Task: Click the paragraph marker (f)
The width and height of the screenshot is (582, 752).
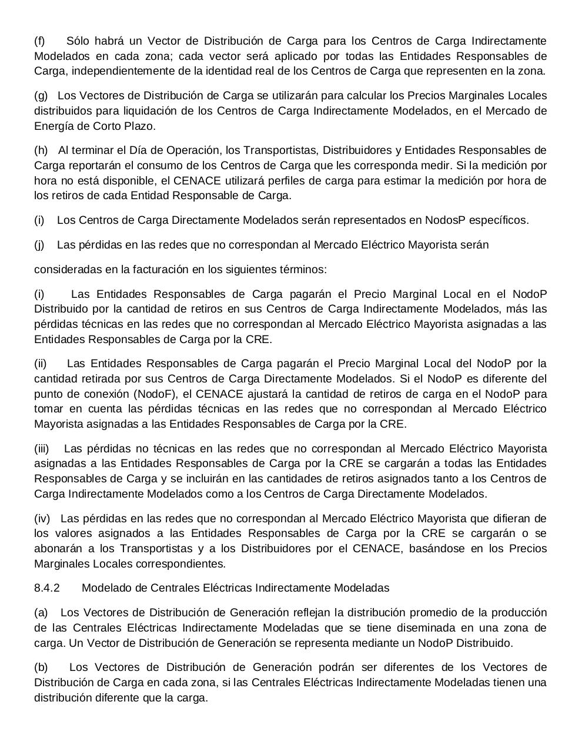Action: pyautogui.click(x=39, y=41)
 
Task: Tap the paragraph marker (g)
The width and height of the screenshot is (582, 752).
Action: pyautogui.click(x=41, y=96)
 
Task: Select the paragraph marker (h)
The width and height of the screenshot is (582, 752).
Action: pyautogui.click(x=41, y=150)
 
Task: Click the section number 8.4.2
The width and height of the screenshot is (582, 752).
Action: pyautogui.click(x=47, y=588)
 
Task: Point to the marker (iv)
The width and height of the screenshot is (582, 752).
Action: pyautogui.click(x=42, y=519)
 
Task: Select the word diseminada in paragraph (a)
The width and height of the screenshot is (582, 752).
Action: pyautogui.click(x=430, y=628)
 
